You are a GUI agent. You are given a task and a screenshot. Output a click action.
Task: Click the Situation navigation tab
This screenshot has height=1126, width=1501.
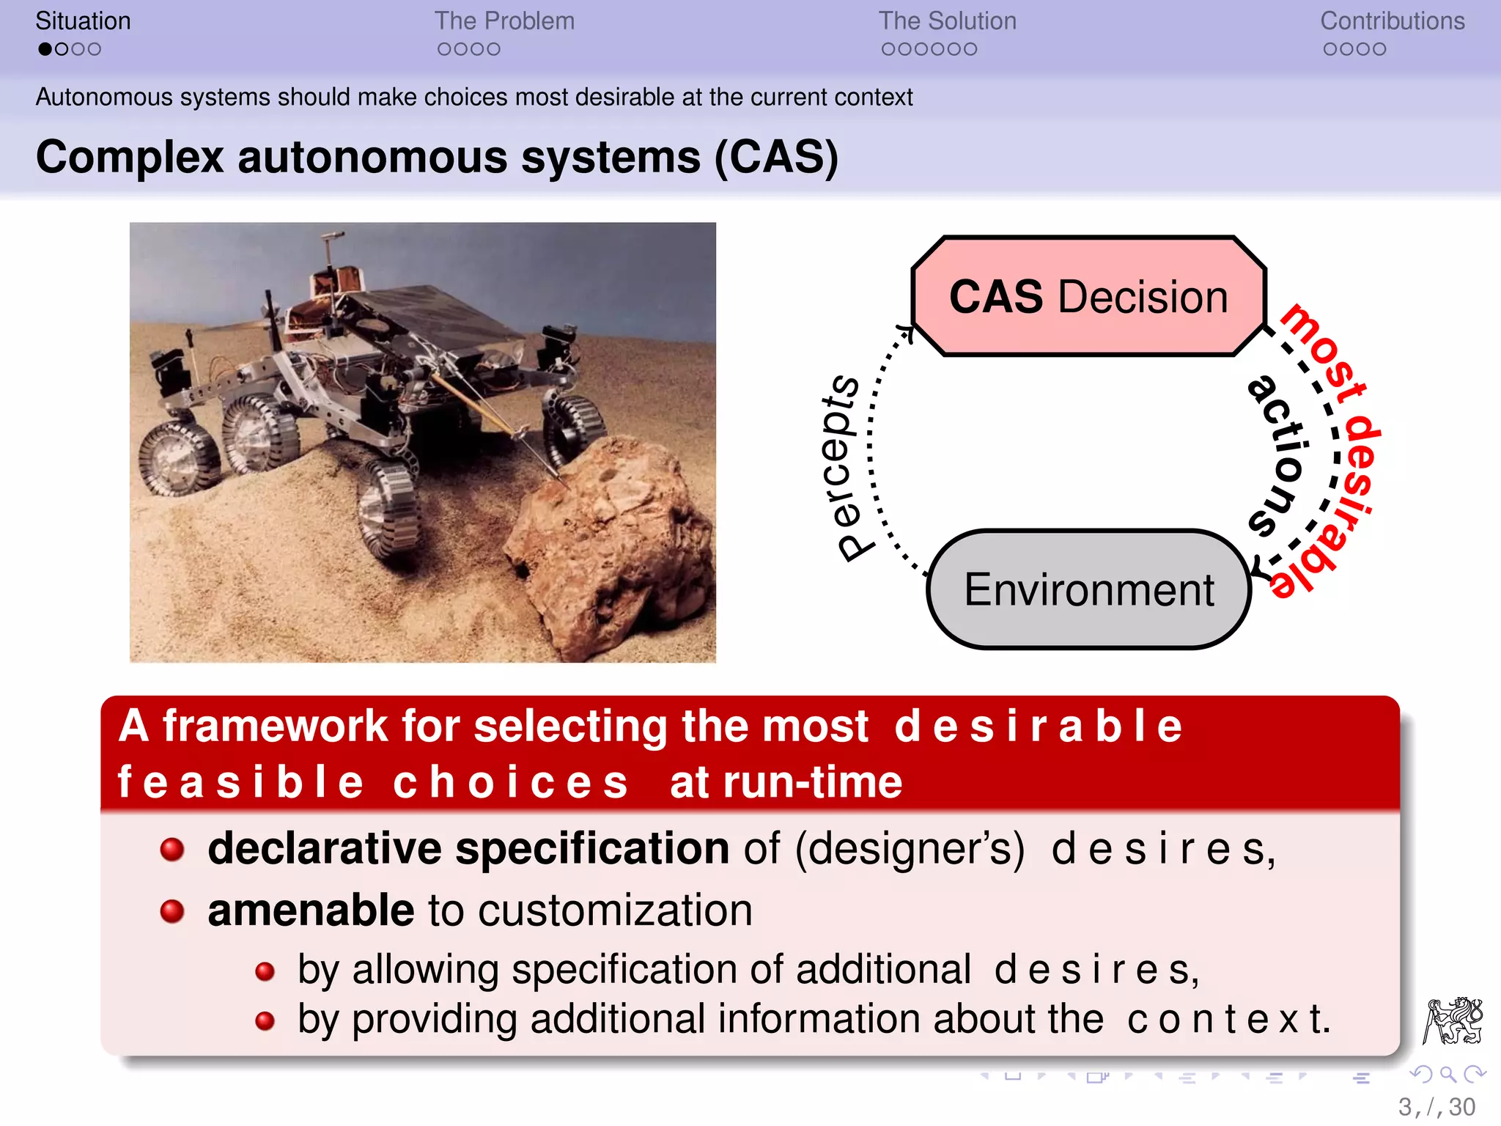coord(83,21)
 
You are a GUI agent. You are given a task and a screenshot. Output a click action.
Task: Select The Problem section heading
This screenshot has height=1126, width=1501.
coord(504,21)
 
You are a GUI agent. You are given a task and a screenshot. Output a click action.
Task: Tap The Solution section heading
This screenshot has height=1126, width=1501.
coord(947,21)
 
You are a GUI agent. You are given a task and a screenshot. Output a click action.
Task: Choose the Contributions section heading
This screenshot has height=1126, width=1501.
coord(1392,21)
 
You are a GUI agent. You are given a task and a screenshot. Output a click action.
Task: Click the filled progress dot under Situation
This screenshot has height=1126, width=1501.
coord(45,49)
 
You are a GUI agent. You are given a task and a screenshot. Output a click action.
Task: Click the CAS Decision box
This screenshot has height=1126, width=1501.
coord(1088,297)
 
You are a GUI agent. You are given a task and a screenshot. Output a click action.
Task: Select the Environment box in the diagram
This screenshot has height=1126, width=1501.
coord(1088,589)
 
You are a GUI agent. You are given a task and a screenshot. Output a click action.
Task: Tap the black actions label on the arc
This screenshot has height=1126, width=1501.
coord(1279,455)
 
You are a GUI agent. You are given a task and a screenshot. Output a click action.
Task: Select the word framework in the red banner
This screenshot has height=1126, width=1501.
coord(274,726)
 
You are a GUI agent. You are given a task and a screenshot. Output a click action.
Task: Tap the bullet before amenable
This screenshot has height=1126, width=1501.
coord(172,911)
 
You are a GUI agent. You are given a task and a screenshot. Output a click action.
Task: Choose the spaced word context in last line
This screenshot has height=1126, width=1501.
coord(1228,1020)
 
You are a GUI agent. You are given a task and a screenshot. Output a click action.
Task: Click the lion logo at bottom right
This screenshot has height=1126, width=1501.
coord(1453,1020)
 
